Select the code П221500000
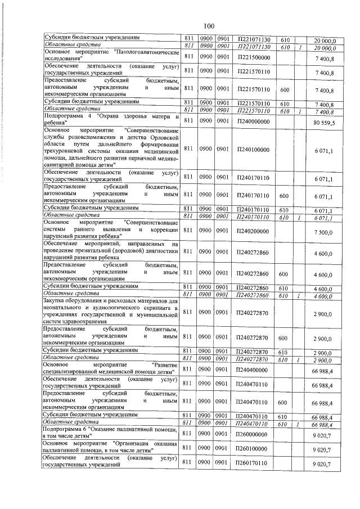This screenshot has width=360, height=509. pyautogui.click(x=254, y=57)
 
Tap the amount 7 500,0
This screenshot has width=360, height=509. pyautogui.click(x=326, y=232)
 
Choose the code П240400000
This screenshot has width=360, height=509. pyautogui.click(x=254, y=370)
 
